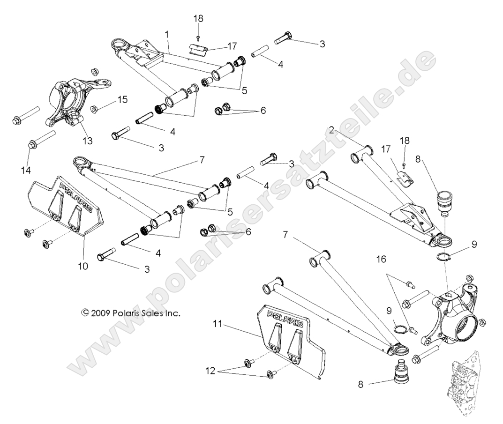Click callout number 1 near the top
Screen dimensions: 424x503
pos(167,34)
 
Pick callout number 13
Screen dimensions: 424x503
pos(87,140)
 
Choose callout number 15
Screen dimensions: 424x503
pos(122,99)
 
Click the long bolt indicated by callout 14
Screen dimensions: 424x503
pos(42,139)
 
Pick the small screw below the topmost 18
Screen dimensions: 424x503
pos(198,36)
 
